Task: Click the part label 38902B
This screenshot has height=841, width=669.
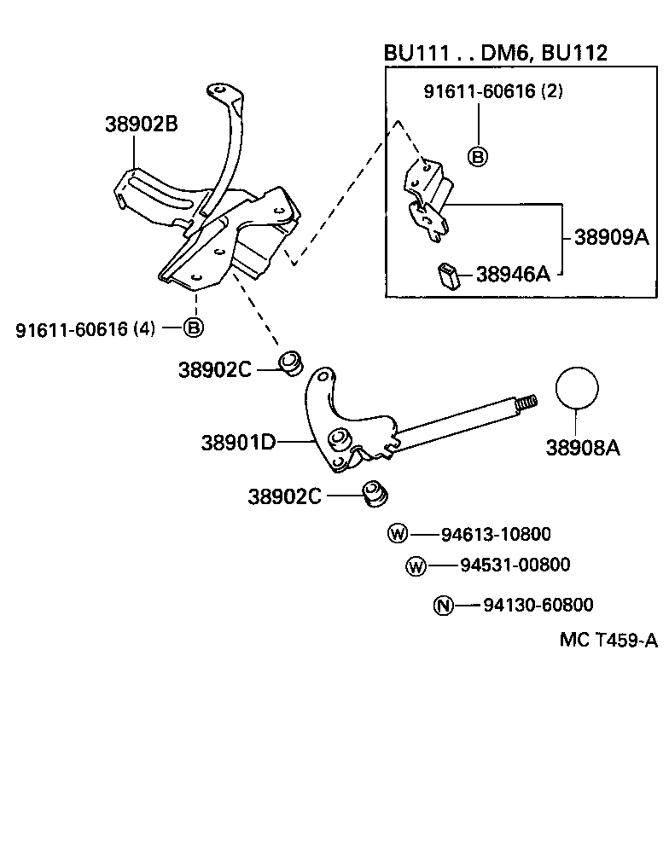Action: pyautogui.click(x=141, y=124)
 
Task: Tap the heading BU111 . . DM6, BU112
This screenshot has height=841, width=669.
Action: pyautogui.click(x=495, y=53)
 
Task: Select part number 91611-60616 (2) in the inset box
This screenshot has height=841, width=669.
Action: pyautogui.click(x=493, y=91)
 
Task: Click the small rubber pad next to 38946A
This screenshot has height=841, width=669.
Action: pyautogui.click(x=449, y=274)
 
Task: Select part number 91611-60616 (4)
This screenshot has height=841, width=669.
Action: pyautogui.click(x=85, y=328)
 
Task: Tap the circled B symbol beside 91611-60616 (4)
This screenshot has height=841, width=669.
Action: pyautogui.click(x=194, y=328)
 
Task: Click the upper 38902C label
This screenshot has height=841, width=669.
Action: pyautogui.click(x=214, y=369)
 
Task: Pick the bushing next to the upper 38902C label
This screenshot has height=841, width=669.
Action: pyautogui.click(x=291, y=362)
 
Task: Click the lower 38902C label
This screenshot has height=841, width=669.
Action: pyautogui.click(x=284, y=496)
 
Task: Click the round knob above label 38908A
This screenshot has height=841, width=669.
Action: pyautogui.click(x=578, y=389)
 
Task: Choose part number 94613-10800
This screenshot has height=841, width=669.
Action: pyautogui.click(x=496, y=535)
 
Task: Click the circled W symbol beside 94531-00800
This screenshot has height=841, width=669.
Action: pyautogui.click(x=416, y=565)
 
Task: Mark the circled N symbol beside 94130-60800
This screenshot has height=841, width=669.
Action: pyautogui.click(x=442, y=606)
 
